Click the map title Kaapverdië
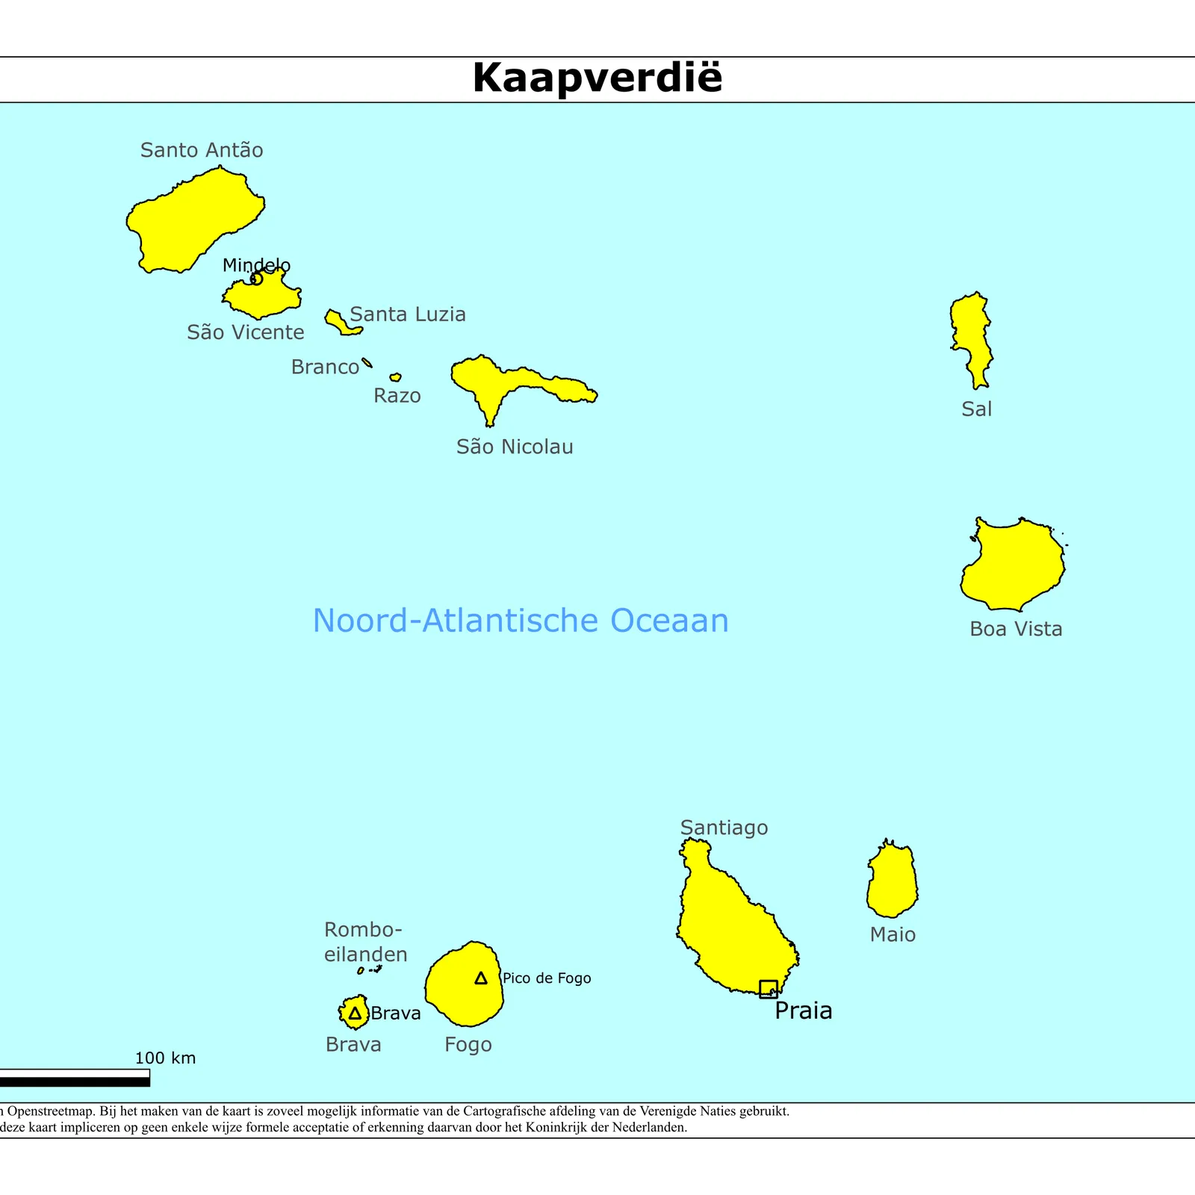tap(597, 78)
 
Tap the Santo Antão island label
tap(202, 150)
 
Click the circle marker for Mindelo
tap(256, 279)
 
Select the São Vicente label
tap(246, 332)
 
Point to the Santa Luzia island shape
tap(341, 322)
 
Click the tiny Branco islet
tap(367, 363)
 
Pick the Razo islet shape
tap(395, 377)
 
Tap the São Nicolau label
tap(515, 447)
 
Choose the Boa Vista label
tap(1016, 629)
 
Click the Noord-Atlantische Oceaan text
tap(521, 621)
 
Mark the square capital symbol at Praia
tap(768, 989)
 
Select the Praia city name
tap(803, 1011)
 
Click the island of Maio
tap(892, 881)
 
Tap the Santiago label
tap(724, 828)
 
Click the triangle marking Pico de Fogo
tap(481, 978)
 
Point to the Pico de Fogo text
tap(547, 978)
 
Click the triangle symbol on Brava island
tap(355, 1014)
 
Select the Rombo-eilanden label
tap(365, 942)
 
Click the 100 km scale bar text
tap(165, 1058)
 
